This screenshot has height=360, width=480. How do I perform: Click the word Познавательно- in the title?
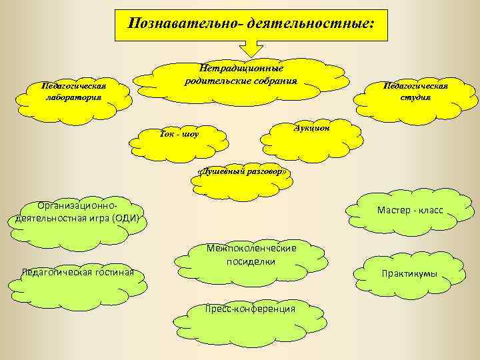pyautogui.click(x=183, y=24)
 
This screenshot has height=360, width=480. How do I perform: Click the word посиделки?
pyautogui.click(x=251, y=262)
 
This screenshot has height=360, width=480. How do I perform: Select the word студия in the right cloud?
pyautogui.click(x=415, y=97)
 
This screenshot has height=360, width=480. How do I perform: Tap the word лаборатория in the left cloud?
pyautogui.click(x=73, y=97)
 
